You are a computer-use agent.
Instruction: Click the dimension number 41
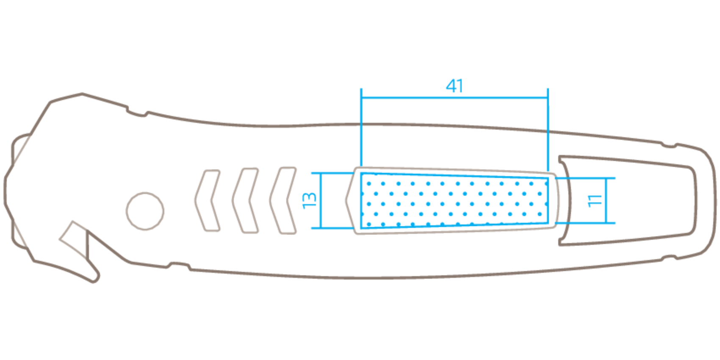pyautogui.click(x=454, y=86)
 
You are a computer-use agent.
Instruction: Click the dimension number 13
pyautogui.click(x=309, y=200)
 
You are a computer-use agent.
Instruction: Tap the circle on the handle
pyautogui.click(x=145, y=211)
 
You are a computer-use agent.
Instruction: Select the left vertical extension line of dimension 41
pyautogui.click(x=361, y=127)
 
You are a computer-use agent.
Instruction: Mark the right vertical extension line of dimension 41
pyautogui.click(x=548, y=127)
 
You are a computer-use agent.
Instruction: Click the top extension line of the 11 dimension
pyautogui.click(x=584, y=179)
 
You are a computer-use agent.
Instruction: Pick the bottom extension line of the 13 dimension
pyautogui.click(x=330, y=228)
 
